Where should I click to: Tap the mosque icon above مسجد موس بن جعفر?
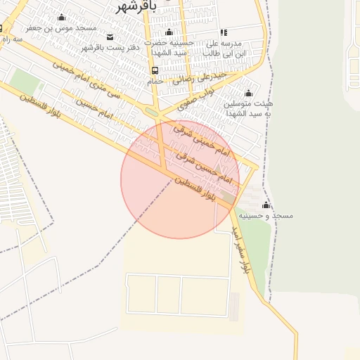61,18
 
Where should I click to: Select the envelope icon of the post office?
110,37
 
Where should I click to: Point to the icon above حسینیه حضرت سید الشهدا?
169,32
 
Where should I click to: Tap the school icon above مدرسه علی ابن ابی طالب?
224,32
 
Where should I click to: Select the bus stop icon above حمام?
155,70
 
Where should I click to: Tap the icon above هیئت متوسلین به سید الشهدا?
247,93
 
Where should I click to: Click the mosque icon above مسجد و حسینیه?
266,205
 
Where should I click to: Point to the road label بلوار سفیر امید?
240,248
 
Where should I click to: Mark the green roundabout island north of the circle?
152,112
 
